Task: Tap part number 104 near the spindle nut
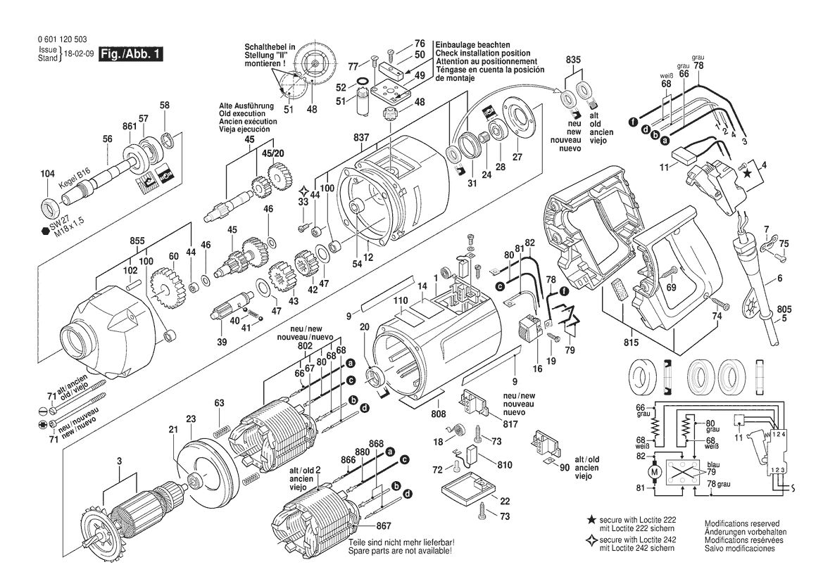click(47, 174)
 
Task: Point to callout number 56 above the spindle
click(107, 139)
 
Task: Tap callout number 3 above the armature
click(119, 461)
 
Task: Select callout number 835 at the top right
click(574, 61)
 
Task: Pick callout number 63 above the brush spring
click(220, 403)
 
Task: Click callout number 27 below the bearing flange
click(517, 158)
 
